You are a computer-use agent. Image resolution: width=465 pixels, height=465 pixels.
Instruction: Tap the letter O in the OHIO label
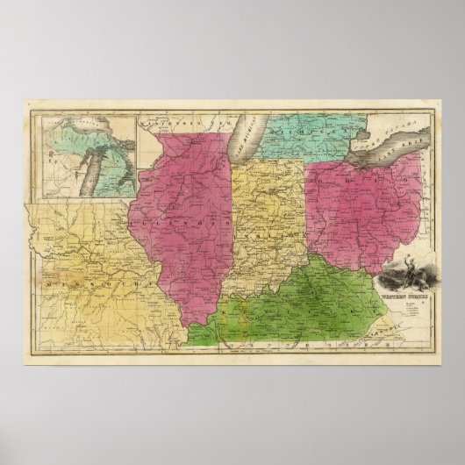(x=325, y=187)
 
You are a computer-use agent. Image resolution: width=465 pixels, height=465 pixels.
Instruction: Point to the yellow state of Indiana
(x=263, y=219)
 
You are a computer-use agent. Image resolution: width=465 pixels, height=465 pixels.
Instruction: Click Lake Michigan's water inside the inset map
(x=89, y=167)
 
